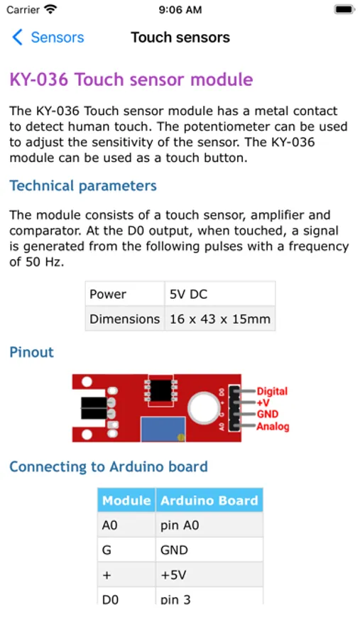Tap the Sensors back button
click(48, 38)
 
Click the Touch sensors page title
click(180, 38)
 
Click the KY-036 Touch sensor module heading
click(131, 80)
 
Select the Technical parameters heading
click(83, 186)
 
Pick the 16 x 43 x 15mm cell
click(220, 319)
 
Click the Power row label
click(108, 294)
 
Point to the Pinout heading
click(31, 352)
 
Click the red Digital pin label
click(272, 391)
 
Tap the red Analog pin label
click(273, 427)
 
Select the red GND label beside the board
click(268, 415)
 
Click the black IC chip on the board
click(160, 390)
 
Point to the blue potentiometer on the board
click(163, 429)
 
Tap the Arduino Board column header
click(209, 501)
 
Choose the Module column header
click(126, 501)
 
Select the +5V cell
click(173, 575)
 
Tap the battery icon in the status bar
click(344, 10)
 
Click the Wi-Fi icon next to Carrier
click(50, 9)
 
